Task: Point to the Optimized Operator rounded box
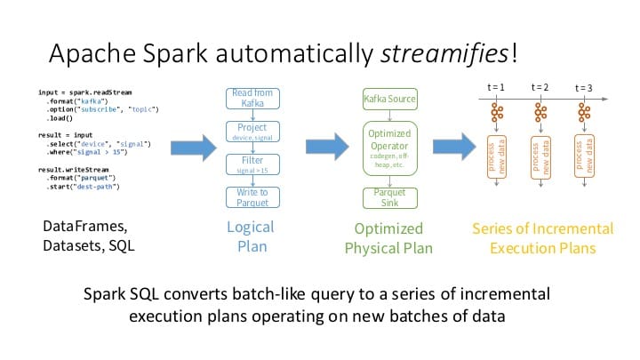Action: [390, 146]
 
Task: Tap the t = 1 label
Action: [497, 88]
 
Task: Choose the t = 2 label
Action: [540, 87]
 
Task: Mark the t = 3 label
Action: [583, 88]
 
